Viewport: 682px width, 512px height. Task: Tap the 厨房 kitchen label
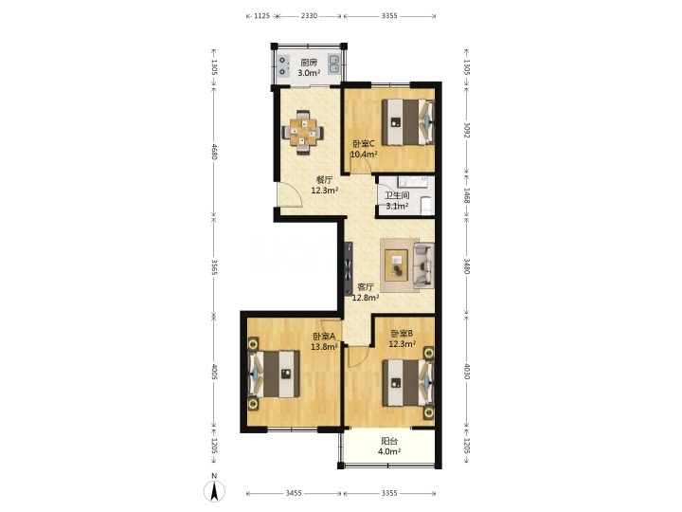(x=309, y=63)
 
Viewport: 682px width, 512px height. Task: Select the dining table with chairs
(x=303, y=132)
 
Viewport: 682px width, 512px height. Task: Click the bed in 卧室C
(x=408, y=122)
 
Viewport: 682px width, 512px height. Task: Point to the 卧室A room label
(x=324, y=336)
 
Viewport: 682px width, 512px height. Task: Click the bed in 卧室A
(x=274, y=374)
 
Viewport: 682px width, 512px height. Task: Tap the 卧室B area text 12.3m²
(x=402, y=344)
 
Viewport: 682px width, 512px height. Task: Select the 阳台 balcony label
(x=389, y=441)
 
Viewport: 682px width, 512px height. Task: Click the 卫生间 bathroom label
(x=397, y=195)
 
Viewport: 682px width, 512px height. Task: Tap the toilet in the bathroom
(x=426, y=205)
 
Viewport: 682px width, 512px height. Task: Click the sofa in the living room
(x=423, y=265)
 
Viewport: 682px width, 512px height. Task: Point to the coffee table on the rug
(x=397, y=265)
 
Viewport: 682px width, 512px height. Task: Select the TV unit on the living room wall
(x=349, y=268)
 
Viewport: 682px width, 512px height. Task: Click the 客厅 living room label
(x=366, y=287)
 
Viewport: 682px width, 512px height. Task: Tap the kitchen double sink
(x=334, y=64)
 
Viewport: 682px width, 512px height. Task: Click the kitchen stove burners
(x=282, y=65)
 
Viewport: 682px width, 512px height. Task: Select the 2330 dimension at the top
(x=309, y=16)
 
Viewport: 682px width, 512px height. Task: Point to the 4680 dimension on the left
(x=213, y=151)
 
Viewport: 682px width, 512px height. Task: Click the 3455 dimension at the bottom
(x=294, y=493)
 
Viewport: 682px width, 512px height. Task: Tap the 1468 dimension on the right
(x=466, y=195)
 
